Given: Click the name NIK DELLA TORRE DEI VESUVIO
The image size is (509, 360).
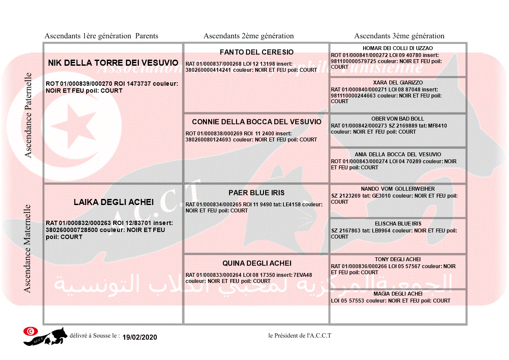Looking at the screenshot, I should point(113,63).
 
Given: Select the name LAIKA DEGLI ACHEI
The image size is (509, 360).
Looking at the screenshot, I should point(114,202).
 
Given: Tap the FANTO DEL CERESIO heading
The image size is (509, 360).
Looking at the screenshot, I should point(256,52).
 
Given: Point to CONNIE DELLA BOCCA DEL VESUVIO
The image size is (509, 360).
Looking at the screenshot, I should point(256,122).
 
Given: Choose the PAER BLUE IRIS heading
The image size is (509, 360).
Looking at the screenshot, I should point(256,193).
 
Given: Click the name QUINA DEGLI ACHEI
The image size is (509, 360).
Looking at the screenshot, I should point(256,263).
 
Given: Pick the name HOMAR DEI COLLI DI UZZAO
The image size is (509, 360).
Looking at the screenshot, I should point(398,48).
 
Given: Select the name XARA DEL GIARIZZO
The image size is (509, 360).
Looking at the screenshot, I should point(398,83).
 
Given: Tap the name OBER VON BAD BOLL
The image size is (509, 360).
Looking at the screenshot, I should point(398,119).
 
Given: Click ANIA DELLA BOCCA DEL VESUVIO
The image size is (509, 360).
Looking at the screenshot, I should point(398,155).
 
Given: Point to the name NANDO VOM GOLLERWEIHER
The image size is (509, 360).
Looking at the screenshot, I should point(398,189).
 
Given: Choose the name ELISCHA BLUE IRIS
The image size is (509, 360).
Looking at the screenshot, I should point(398,224).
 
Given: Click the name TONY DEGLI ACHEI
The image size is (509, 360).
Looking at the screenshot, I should point(398,259).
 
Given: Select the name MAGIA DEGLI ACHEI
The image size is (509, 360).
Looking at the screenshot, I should point(398,294).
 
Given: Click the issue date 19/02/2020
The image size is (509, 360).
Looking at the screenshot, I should point(139,337).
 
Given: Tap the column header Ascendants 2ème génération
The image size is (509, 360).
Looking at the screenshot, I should point(249,36).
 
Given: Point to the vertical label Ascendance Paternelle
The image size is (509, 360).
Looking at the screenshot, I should point(28,115).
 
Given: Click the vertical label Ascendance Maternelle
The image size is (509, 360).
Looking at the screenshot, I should point(27,249).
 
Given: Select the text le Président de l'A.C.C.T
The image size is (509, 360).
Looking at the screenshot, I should point(300,336).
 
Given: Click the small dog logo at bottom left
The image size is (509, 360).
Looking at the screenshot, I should point(46,336).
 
